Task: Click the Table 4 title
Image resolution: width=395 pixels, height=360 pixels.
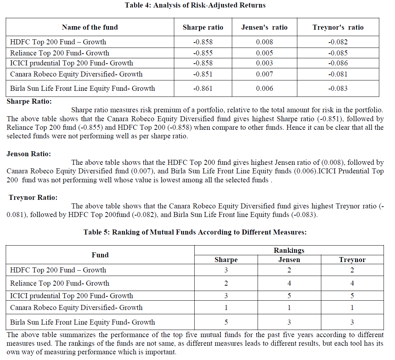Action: click(195, 5)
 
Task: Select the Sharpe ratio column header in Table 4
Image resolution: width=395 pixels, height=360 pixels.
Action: click(203, 28)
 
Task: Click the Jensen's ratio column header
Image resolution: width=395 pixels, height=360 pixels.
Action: click(264, 28)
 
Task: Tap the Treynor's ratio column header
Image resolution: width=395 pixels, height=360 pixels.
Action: click(338, 28)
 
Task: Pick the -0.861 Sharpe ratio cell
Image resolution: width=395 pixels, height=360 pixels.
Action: click(203, 88)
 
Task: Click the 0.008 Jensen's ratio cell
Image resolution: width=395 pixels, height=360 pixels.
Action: click(264, 42)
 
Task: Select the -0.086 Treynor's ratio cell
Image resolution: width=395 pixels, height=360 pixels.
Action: click(338, 63)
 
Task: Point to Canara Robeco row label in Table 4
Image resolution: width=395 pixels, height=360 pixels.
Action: click(76, 74)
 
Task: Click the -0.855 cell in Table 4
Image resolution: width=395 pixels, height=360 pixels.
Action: click(203, 53)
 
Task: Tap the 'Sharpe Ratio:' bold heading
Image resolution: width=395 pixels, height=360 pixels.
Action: click(29, 102)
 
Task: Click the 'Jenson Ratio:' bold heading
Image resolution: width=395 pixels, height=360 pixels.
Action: click(29, 154)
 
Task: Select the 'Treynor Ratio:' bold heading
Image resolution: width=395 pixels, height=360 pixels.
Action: click(33, 197)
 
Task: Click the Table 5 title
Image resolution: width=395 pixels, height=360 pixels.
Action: click(195, 232)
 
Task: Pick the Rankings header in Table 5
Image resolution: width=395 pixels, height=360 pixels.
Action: click(289, 250)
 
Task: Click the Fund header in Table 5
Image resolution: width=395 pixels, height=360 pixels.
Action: click(100, 255)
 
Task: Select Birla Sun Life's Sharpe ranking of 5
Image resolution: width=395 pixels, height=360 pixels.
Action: click(226, 322)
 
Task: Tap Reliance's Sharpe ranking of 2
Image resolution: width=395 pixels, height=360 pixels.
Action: click(226, 283)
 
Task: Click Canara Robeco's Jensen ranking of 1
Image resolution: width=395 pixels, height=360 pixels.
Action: click(289, 307)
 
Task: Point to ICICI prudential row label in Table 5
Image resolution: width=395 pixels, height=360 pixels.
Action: click(72, 296)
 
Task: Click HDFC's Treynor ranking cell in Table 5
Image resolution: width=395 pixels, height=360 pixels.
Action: click(352, 270)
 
